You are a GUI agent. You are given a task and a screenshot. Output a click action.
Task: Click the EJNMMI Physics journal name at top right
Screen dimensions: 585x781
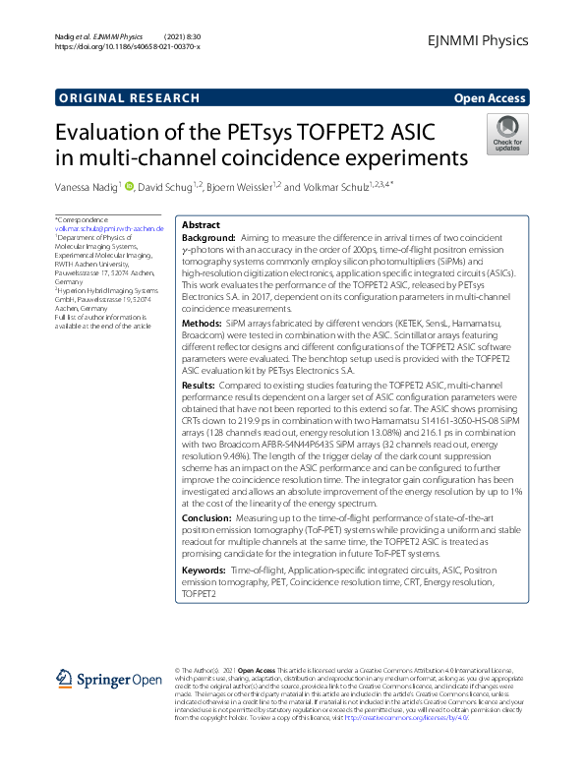(x=479, y=40)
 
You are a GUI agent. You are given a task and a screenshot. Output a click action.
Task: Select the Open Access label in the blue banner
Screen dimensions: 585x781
(x=490, y=98)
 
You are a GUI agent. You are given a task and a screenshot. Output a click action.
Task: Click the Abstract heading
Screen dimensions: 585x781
(x=202, y=225)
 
